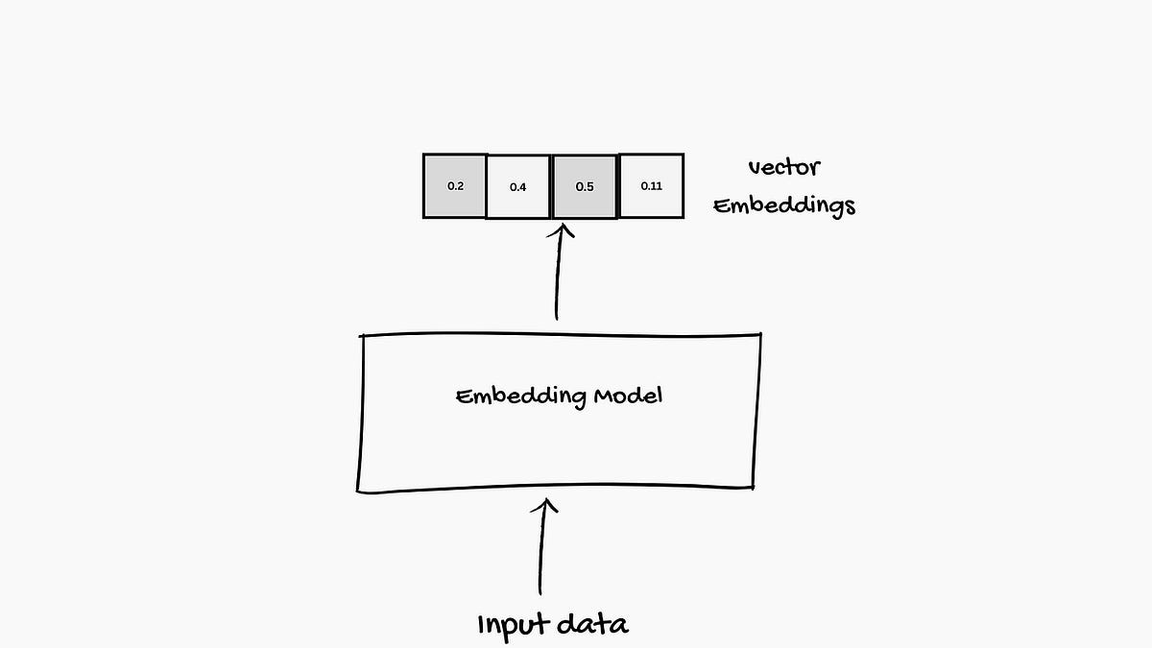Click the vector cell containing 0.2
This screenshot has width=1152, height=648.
coord(455,185)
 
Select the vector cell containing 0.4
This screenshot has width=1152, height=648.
coord(518,186)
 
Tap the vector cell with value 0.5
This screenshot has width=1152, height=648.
coord(584,185)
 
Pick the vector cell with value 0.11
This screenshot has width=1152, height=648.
coord(651,185)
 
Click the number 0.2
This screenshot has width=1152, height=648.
coord(455,185)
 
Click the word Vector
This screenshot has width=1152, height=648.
coord(783,167)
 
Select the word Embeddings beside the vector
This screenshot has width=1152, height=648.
coord(784,205)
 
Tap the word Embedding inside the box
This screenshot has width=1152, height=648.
coord(508,396)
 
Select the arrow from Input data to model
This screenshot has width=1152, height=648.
coord(543,547)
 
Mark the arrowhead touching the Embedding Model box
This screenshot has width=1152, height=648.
coord(546,504)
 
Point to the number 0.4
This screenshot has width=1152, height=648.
coord(517,187)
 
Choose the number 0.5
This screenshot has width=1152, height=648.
coord(584,186)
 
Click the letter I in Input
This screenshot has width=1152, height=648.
coord(482,624)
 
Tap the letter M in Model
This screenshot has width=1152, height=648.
coord(606,395)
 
